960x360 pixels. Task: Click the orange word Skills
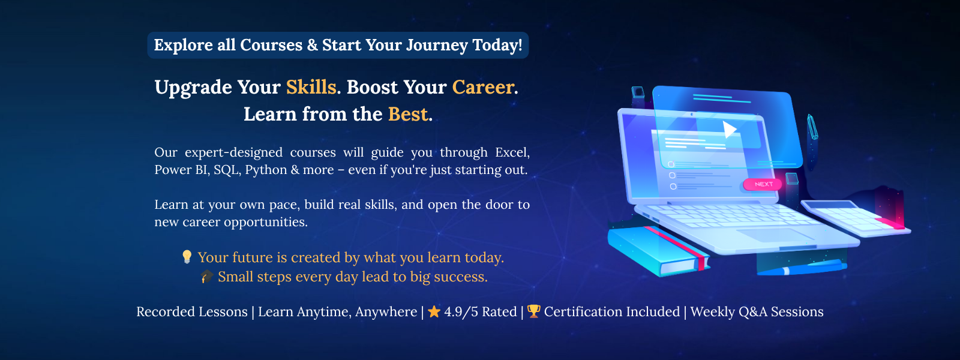click(x=311, y=87)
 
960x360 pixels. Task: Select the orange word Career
click(x=483, y=87)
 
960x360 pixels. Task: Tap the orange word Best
click(x=408, y=114)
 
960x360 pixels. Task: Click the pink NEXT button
click(x=763, y=184)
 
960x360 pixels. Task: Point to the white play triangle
click(x=728, y=129)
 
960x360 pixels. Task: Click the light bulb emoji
click(x=187, y=257)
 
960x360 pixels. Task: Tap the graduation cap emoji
click(x=206, y=277)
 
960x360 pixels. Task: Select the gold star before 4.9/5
click(x=434, y=311)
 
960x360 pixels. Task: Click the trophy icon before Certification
click(x=533, y=311)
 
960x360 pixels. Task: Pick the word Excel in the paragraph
click(x=512, y=152)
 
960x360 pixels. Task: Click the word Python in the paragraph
click(x=266, y=170)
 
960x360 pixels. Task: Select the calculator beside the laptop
click(x=855, y=218)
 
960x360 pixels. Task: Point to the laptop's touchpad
click(x=776, y=235)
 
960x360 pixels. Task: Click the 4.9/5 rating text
click(x=481, y=311)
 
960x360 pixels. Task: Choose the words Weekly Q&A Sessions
click(x=757, y=311)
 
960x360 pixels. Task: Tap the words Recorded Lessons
click(x=192, y=311)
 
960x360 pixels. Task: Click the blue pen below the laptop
click(x=802, y=268)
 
